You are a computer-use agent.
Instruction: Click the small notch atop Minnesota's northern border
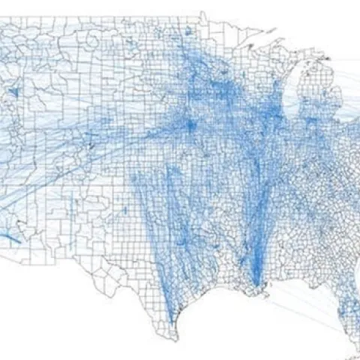(x=204, y=13)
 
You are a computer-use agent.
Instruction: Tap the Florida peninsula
(x=346, y=315)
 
